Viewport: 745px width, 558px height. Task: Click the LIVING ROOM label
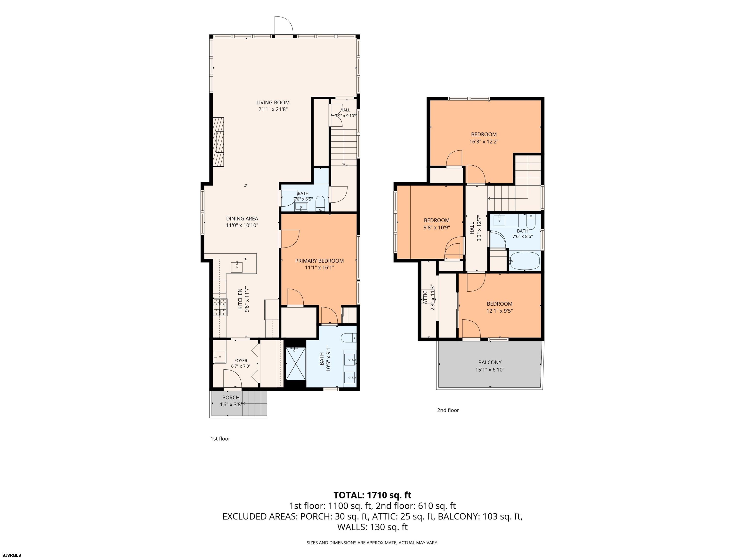[x=273, y=103]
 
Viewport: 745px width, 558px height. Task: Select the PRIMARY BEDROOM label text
[x=319, y=261]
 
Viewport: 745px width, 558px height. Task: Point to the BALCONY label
[x=490, y=362]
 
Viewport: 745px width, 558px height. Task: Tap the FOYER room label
[x=241, y=361]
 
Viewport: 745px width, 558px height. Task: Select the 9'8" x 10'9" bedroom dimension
[x=437, y=227]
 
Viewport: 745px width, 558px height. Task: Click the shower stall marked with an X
[x=296, y=363]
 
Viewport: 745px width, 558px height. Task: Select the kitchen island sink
[x=237, y=267]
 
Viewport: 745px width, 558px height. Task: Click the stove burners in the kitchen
[x=219, y=307]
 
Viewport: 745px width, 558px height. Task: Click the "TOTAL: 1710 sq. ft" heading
[x=372, y=495]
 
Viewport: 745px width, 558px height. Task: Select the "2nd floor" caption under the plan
[x=448, y=410]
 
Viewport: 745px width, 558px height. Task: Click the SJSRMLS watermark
[x=11, y=555]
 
